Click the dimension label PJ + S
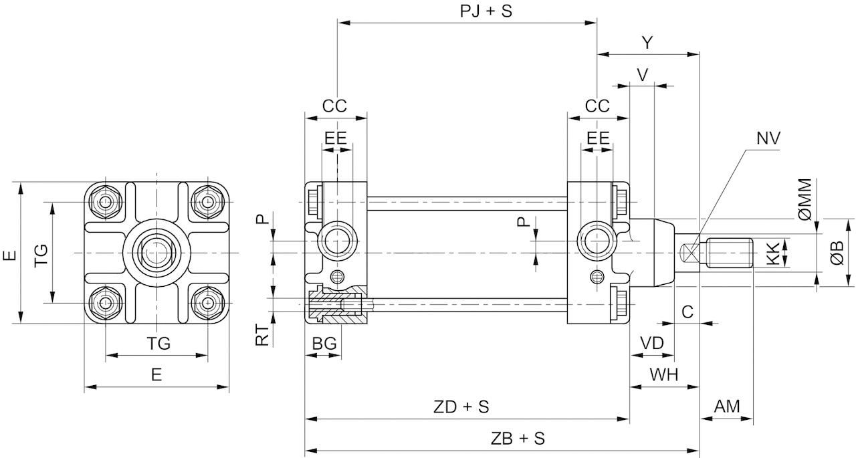486,11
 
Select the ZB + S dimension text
518,439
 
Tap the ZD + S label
461,407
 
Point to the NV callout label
768,138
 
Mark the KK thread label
772,253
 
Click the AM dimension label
727,407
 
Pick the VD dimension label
651,343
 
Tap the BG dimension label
324,344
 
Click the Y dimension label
647,43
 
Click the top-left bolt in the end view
106,201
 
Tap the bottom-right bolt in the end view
207,303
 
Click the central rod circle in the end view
156,252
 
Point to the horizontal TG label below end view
158,344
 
